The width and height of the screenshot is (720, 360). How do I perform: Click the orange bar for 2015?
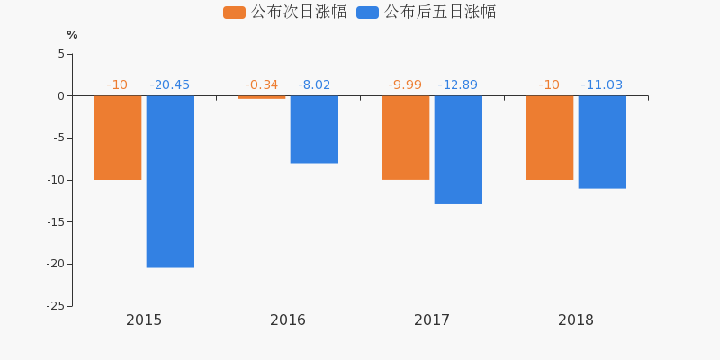(x=117, y=138)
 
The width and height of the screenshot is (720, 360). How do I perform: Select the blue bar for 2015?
(x=170, y=181)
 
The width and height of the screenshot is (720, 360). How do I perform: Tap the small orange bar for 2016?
(x=261, y=97)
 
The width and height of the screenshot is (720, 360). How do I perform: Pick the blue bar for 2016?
(x=314, y=130)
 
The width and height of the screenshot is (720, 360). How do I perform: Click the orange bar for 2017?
(x=405, y=138)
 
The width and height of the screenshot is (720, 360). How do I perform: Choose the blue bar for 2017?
(x=458, y=149)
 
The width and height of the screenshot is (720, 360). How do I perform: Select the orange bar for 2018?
(x=549, y=138)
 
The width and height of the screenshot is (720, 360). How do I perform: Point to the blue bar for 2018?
(x=602, y=142)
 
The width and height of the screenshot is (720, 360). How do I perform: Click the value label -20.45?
(x=170, y=85)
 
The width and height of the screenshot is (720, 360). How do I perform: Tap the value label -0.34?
(x=261, y=85)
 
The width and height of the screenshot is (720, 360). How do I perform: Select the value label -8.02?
(x=314, y=85)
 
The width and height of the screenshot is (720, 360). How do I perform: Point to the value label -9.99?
(x=405, y=85)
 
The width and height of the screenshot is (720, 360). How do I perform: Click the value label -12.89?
(x=458, y=85)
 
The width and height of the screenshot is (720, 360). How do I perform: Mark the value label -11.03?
(x=602, y=85)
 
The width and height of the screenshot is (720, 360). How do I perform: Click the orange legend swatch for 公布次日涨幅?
(x=234, y=13)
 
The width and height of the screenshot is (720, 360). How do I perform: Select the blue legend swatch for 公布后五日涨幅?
(x=367, y=13)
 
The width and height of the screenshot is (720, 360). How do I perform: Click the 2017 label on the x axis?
(x=432, y=320)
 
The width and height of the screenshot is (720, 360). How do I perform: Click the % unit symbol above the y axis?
(x=72, y=35)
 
